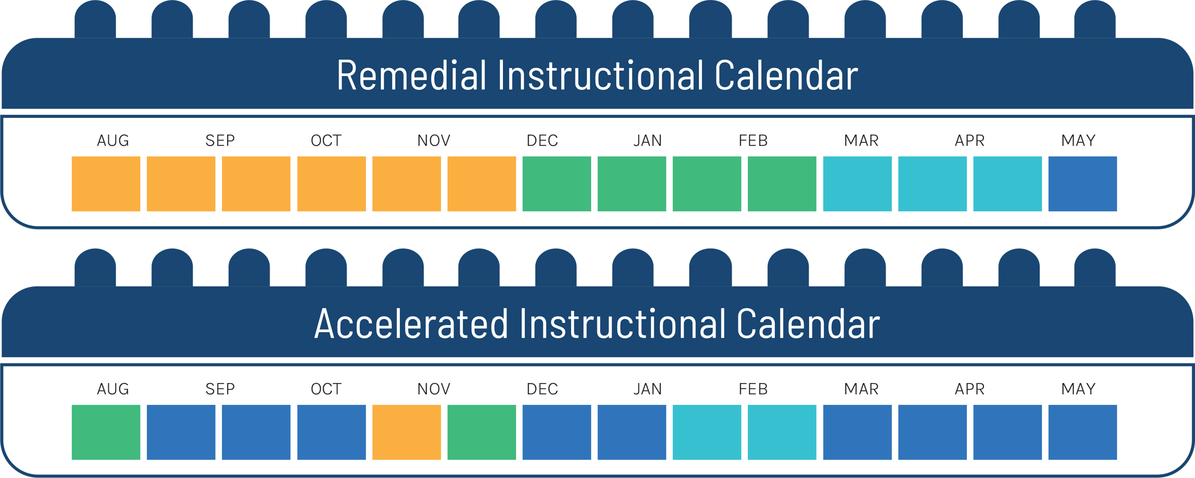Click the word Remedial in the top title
[x=411, y=75]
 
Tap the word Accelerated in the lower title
[x=411, y=324]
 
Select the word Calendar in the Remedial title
[x=786, y=75]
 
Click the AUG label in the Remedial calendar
[x=113, y=141]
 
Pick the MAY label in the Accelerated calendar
[x=1078, y=389]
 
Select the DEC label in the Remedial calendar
[x=542, y=141]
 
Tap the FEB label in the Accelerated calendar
[x=753, y=389]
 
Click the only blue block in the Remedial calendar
[x=1082, y=184]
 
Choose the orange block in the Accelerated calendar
[x=406, y=432]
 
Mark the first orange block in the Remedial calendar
[x=106, y=184]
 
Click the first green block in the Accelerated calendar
[x=106, y=432]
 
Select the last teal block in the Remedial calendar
[x=1007, y=184]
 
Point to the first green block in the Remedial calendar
[x=557, y=184]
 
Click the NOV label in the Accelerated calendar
[x=434, y=389]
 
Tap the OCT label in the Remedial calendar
[x=326, y=141]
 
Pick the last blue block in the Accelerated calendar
[x=1082, y=432]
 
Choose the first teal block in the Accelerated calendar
[x=707, y=432]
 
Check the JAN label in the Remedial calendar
[x=648, y=141]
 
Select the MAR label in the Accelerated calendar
[x=861, y=389]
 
